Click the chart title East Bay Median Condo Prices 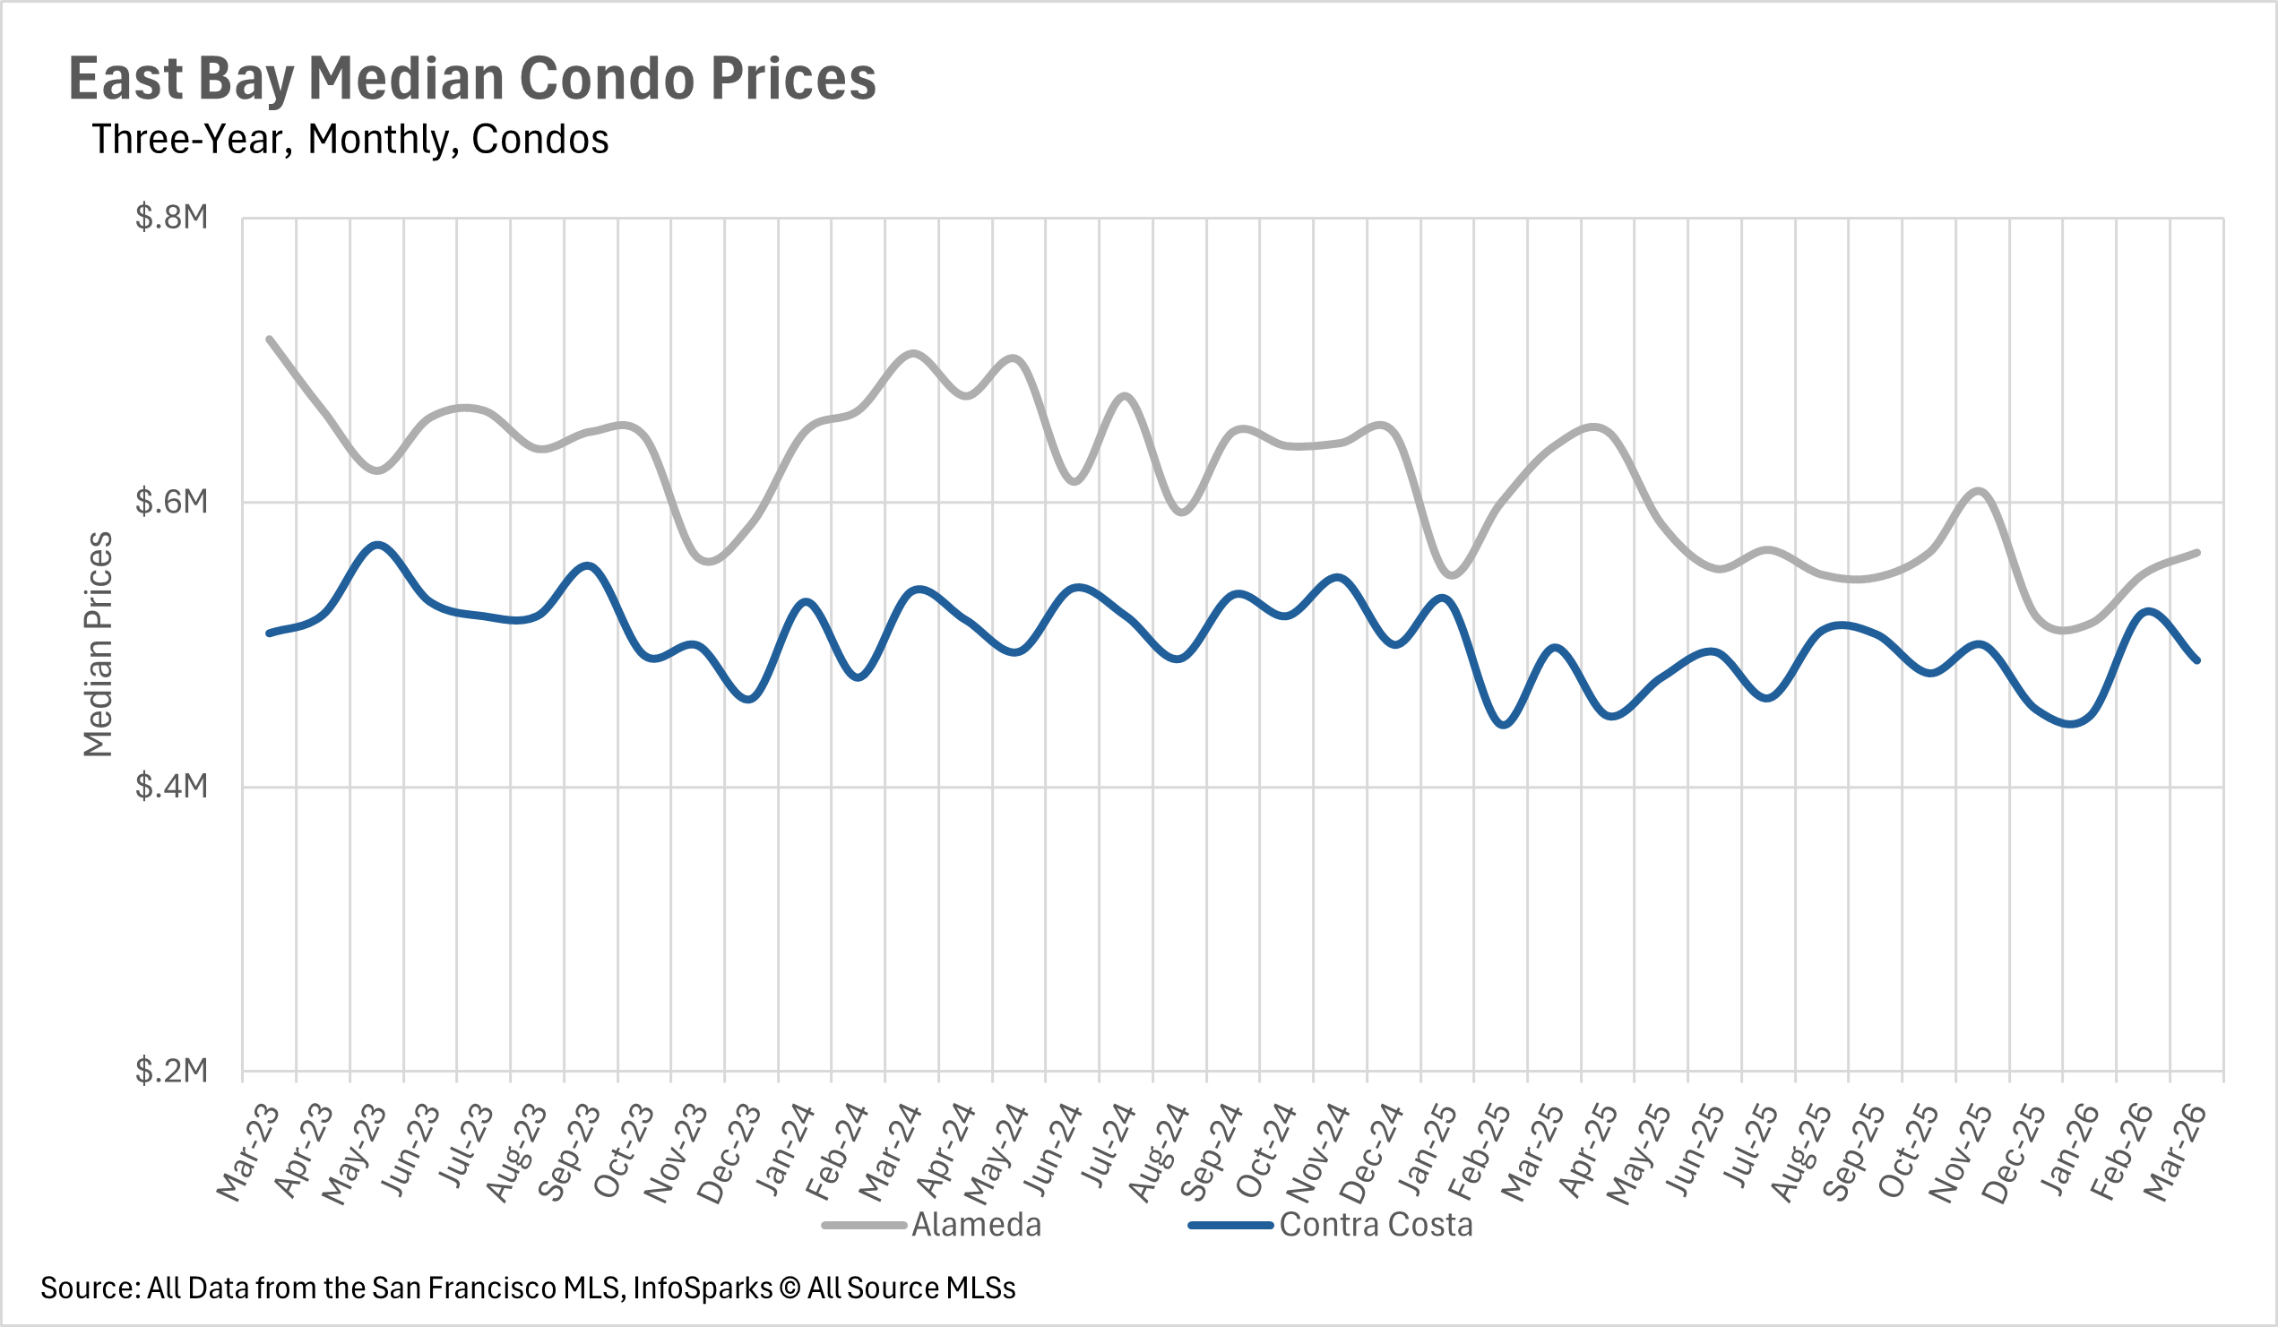[x=472, y=79]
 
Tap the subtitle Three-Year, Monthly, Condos [x=349, y=140]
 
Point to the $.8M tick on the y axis [x=172, y=218]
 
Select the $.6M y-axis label [x=172, y=502]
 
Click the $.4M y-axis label [x=172, y=787]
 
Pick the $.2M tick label [x=172, y=1071]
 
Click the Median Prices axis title [x=98, y=643]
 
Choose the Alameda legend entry [x=976, y=1225]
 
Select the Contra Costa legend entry [x=1376, y=1225]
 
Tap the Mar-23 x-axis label [x=249, y=1152]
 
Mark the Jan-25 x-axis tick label [x=1427, y=1152]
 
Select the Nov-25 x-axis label [x=1962, y=1152]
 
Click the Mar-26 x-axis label [x=2176, y=1152]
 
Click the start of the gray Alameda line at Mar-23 [x=270, y=339]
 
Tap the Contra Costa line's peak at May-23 [x=377, y=545]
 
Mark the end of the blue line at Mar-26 [x=2196, y=660]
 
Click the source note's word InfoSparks [x=703, y=1288]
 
